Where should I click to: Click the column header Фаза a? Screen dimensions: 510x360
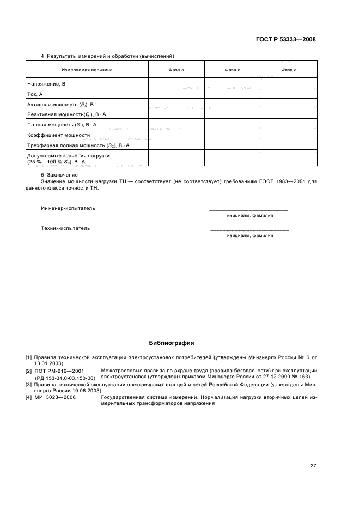pos(176,70)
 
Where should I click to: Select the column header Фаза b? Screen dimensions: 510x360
pos(233,70)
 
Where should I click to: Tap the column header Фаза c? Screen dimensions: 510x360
pos(289,70)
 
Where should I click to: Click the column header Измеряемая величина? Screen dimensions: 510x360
pos(87,70)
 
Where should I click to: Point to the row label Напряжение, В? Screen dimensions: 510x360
pos(46,84)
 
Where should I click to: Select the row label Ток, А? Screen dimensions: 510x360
pos(35,94)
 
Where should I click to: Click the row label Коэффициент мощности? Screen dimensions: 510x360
pos(58,135)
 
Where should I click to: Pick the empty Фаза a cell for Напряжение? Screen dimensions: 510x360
pos(176,84)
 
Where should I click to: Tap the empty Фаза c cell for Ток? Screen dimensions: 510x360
pos(289,94)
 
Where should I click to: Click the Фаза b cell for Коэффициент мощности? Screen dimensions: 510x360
pos(233,135)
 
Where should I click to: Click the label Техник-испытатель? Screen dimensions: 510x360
pos(65,228)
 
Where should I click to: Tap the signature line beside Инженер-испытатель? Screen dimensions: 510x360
pos(249,210)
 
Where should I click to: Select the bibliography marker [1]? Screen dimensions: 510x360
pos(28,357)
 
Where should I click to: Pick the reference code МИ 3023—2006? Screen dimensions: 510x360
pos(55,398)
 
